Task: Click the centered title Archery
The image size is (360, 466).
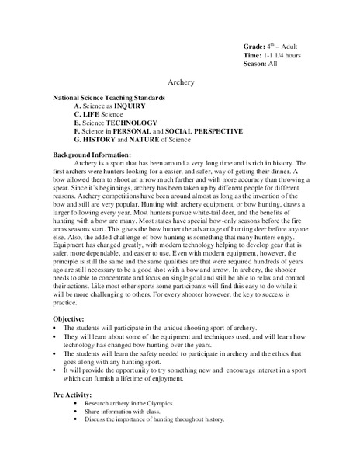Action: click(x=180, y=82)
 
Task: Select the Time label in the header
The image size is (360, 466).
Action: click(x=253, y=56)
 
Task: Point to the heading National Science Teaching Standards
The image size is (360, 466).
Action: click(x=108, y=99)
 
